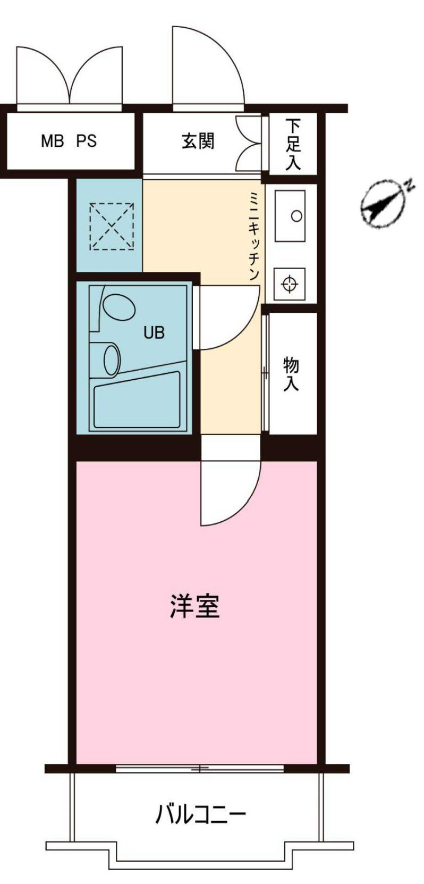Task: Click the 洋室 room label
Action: pyautogui.click(x=194, y=606)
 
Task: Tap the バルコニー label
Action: pyautogui.click(x=200, y=814)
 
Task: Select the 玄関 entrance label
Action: pyautogui.click(x=198, y=141)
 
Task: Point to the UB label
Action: pyautogui.click(x=154, y=332)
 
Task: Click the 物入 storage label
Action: pyautogui.click(x=291, y=374)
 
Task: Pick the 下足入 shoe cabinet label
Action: pyautogui.click(x=293, y=144)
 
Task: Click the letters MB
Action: pyautogui.click(x=52, y=141)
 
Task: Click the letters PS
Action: pyautogui.click(x=86, y=141)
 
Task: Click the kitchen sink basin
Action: pyautogui.click(x=290, y=215)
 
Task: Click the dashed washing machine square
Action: pyautogui.click(x=112, y=226)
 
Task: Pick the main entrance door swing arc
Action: pyautogui.click(x=213, y=64)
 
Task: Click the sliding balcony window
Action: pyautogui.click(x=200, y=769)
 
